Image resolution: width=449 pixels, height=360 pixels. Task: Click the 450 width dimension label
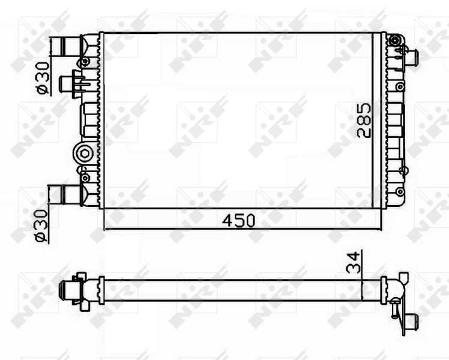pos(239,220)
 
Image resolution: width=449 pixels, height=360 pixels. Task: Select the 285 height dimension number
pos(364,121)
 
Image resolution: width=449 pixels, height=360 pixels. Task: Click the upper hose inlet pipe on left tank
pos(68,46)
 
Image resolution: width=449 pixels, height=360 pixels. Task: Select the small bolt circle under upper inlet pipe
pos(85,62)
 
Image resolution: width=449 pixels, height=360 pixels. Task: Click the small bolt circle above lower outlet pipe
pos(84,178)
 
